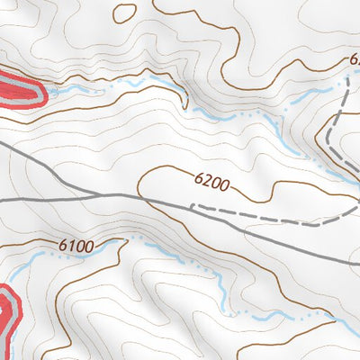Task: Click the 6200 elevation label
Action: point(212,184)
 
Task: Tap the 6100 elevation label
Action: point(78,245)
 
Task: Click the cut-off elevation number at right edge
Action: point(354,59)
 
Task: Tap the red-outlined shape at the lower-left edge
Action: point(7,315)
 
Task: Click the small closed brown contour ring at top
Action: point(125,12)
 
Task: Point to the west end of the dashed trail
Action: point(193,206)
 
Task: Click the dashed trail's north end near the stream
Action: point(346,79)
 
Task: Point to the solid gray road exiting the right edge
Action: point(351,263)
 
